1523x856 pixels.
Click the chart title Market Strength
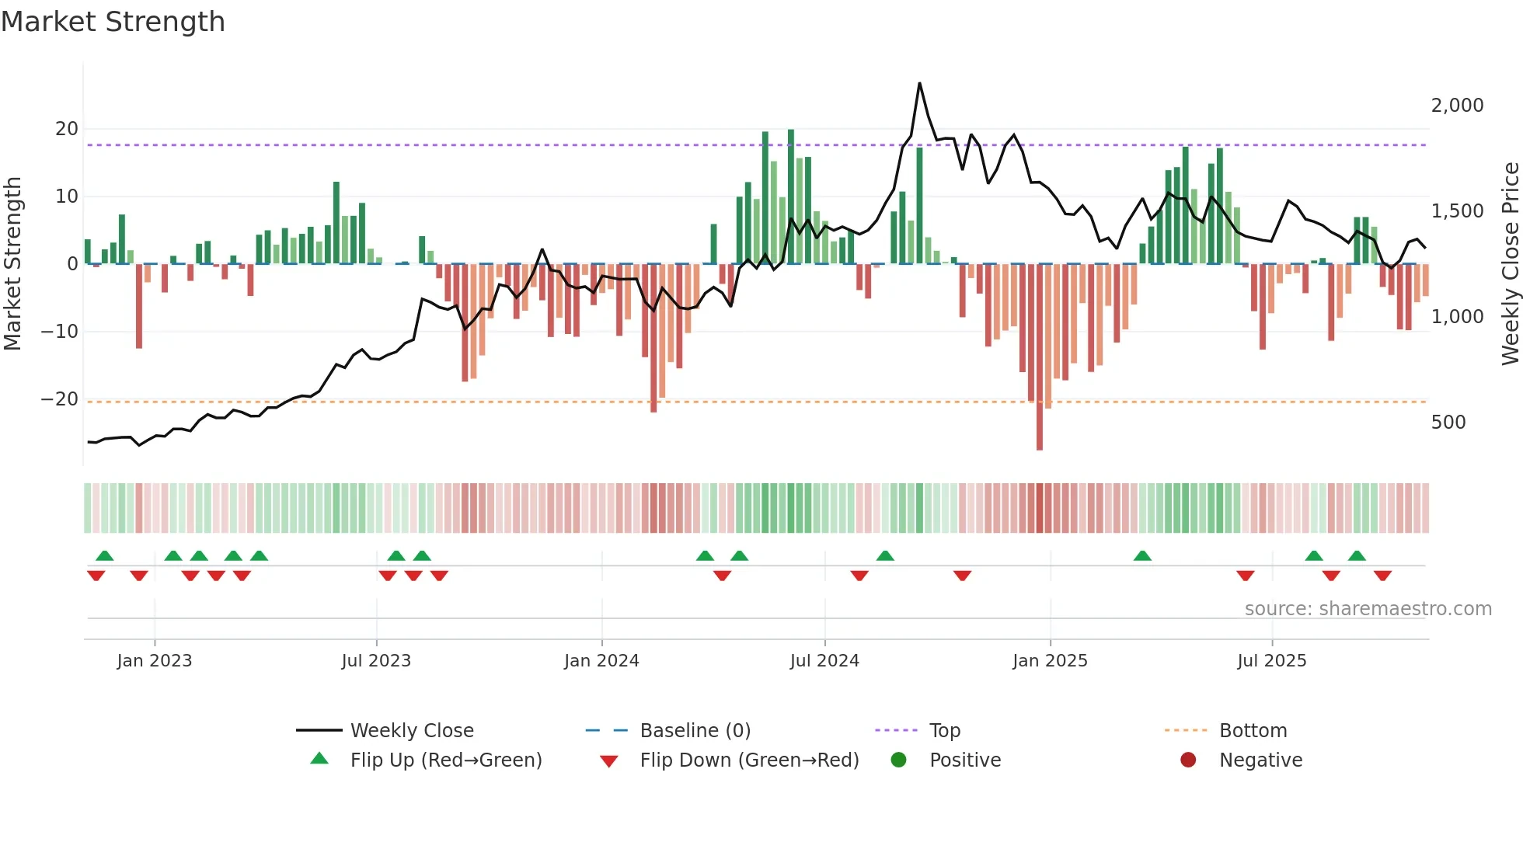[x=113, y=22]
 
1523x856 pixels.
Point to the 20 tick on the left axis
[x=67, y=129]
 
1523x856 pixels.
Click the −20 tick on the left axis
[x=60, y=399]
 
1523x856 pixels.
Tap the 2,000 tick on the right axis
[x=1457, y=106]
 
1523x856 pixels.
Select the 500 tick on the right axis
[x=1448, y=423]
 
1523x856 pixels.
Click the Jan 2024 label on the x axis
[x=601, y=661]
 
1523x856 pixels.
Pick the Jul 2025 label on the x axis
[x=1271, y=661]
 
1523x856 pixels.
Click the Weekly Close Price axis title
[x=1510, y=264]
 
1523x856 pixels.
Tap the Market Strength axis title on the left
[x=12, y=264]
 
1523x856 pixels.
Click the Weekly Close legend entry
[x=411, y=731]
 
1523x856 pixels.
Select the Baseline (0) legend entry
[x=695, y=731]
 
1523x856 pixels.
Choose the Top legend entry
[x=944, y=731]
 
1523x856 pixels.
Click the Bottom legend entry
[x=1253, y=731]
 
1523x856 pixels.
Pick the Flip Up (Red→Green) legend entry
[x=445, y=760]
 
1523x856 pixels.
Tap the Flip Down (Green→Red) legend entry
[x=749, y=760]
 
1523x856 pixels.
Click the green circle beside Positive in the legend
[x=898, y=760]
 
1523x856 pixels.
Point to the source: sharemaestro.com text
[x=1368, y=609]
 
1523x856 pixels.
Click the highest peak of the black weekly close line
[x=919, y=84]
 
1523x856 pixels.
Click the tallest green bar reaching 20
[x=791, y=194]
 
